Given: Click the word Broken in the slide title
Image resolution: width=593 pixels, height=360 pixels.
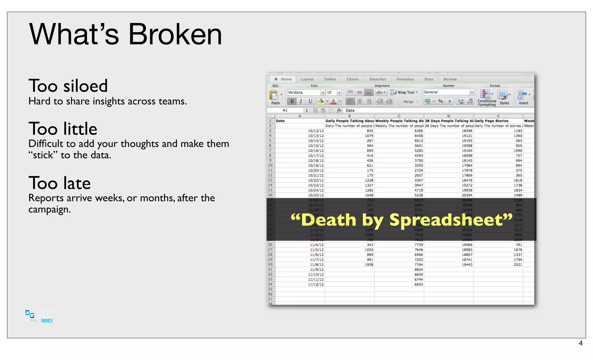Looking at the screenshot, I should (x=175, y=34).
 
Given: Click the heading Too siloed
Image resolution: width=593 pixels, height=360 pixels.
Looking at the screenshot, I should (x=68, y=86).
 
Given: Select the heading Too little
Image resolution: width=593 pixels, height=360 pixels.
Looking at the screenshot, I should (x=63, y=129).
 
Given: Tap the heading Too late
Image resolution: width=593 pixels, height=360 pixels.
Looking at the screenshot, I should (x=60, y=183).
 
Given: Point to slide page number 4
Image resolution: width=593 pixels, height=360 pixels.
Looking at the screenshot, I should (x=580, y=343).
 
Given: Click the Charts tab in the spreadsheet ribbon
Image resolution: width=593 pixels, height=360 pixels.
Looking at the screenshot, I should (x=352, y=79).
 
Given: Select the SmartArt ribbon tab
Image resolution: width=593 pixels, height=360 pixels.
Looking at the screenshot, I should (x=378, y=79).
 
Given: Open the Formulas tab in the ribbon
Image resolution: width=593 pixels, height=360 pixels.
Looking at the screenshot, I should (x=405, y=79).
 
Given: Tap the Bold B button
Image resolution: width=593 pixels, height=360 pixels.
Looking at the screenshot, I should (x=292, y=101).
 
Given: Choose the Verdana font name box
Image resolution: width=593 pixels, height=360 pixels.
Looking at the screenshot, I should (x=304, y=92).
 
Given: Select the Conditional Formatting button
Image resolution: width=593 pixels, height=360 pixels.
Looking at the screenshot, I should (x=486, y=97).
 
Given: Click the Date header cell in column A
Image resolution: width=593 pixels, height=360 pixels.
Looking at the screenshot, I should (x=280, y=121).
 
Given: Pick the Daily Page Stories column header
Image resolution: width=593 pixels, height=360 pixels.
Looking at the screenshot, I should (x=491, y=121).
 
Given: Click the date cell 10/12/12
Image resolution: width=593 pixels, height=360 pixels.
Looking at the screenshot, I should (x=316, y=131).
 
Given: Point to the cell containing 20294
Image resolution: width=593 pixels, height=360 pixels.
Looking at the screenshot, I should (x=467, y=195).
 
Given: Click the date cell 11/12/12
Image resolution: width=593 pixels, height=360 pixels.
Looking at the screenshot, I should (x=316, y=284).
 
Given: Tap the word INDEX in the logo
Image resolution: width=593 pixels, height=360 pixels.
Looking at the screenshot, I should (x=47, y=321).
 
